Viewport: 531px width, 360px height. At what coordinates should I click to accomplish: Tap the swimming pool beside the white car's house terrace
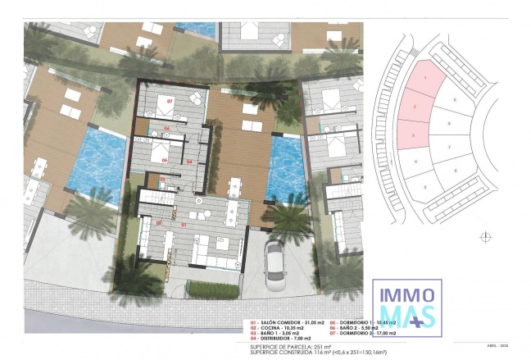tap(286, 169)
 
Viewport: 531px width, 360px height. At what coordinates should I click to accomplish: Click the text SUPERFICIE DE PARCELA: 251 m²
tap(290, 347)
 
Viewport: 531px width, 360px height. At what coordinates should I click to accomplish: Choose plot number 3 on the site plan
tap(414, 134)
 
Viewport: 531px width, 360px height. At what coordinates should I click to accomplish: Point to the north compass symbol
tap(487, 235)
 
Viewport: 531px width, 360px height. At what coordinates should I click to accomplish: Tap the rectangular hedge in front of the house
tap(212, 289)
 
